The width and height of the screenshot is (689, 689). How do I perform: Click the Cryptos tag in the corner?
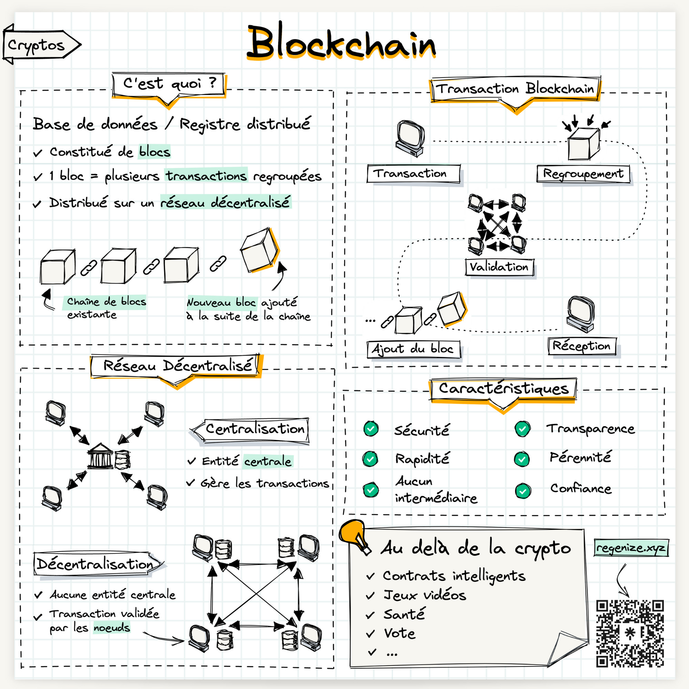coord(38,45)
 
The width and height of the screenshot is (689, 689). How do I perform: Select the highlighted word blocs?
coord(154,152)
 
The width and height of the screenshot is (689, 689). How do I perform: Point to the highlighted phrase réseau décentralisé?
coord(225,202)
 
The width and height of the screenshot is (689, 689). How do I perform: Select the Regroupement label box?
coord(583,174)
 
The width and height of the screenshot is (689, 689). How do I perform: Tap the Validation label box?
coord(499,267)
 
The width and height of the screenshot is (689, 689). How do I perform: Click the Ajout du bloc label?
coord(413,349)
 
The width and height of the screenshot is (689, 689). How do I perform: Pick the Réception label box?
coord(582,346)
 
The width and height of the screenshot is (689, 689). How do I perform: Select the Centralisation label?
coord(255,429)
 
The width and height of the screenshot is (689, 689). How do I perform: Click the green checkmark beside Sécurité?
coord(371,429)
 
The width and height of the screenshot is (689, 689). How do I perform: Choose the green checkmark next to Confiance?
coord(523,491)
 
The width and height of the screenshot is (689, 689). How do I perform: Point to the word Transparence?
coord(590,429)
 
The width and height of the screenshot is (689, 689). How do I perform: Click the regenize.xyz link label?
coord(631,548)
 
